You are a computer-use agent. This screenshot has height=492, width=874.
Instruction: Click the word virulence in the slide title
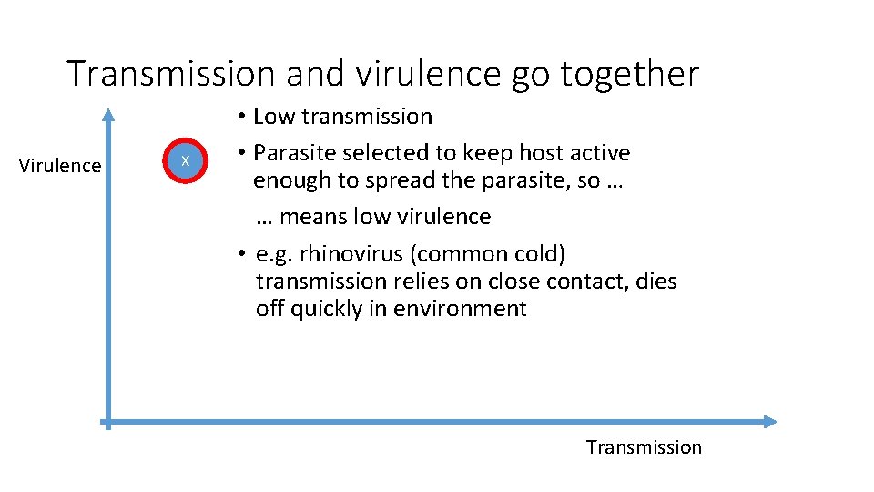pos(427,74)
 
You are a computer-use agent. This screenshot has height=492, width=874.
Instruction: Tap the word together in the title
pos(629,74)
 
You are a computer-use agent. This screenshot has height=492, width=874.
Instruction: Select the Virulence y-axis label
pos(60,166)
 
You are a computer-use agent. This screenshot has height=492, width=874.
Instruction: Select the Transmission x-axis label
pos(644,447)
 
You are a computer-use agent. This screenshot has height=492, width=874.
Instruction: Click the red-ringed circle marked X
pos(185,161)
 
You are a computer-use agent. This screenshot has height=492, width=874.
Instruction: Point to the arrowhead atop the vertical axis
pos(108,114)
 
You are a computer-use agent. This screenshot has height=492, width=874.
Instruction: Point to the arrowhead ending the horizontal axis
pos(771,421)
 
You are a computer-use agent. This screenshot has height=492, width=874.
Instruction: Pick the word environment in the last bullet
pos(461,309)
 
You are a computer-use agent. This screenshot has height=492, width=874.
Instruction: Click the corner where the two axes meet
pos(108,421)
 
